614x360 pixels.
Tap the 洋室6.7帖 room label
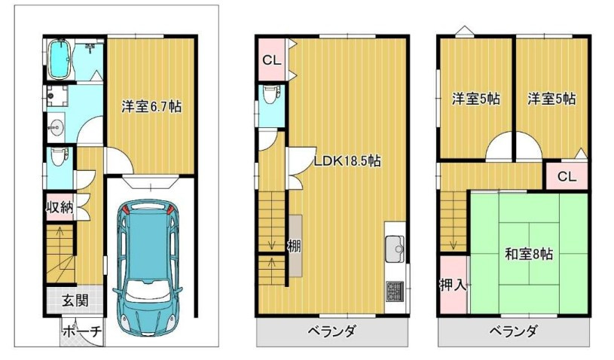[151, 106]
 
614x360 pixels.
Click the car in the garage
[148, 268]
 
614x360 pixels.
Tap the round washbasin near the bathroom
[55, 129]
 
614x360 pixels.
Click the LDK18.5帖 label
[347, 160]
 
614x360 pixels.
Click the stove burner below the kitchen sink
[395, 290]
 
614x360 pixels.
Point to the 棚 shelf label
[294, 246]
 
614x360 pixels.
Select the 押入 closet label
[453, 284]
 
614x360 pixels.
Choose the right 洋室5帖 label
[551, 98]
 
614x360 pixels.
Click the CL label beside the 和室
[567, 177]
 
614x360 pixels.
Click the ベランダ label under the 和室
[512, 331]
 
